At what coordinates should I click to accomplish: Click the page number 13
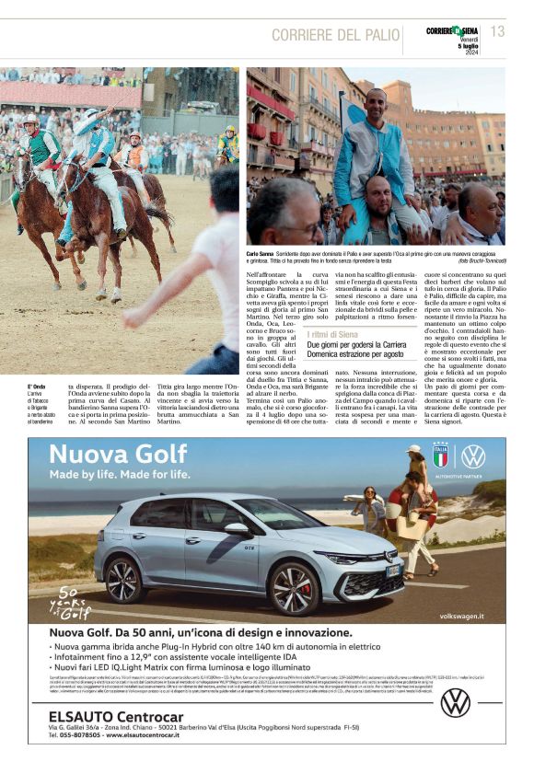point(497,31)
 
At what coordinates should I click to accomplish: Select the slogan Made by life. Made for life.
point(120,475)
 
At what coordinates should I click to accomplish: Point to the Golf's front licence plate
point(394,571)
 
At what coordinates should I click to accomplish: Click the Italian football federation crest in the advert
point(440,456)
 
